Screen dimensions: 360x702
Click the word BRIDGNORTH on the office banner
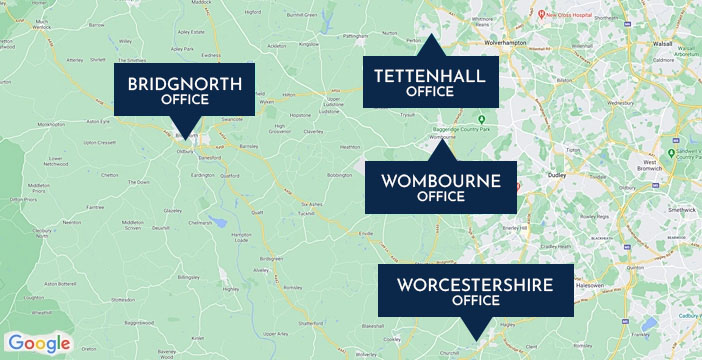184,83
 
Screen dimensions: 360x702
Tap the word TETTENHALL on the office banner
430,75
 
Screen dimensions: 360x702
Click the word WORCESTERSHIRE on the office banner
475,285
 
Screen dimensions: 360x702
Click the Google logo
41,343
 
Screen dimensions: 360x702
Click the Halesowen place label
589,285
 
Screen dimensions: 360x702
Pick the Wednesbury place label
621,101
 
